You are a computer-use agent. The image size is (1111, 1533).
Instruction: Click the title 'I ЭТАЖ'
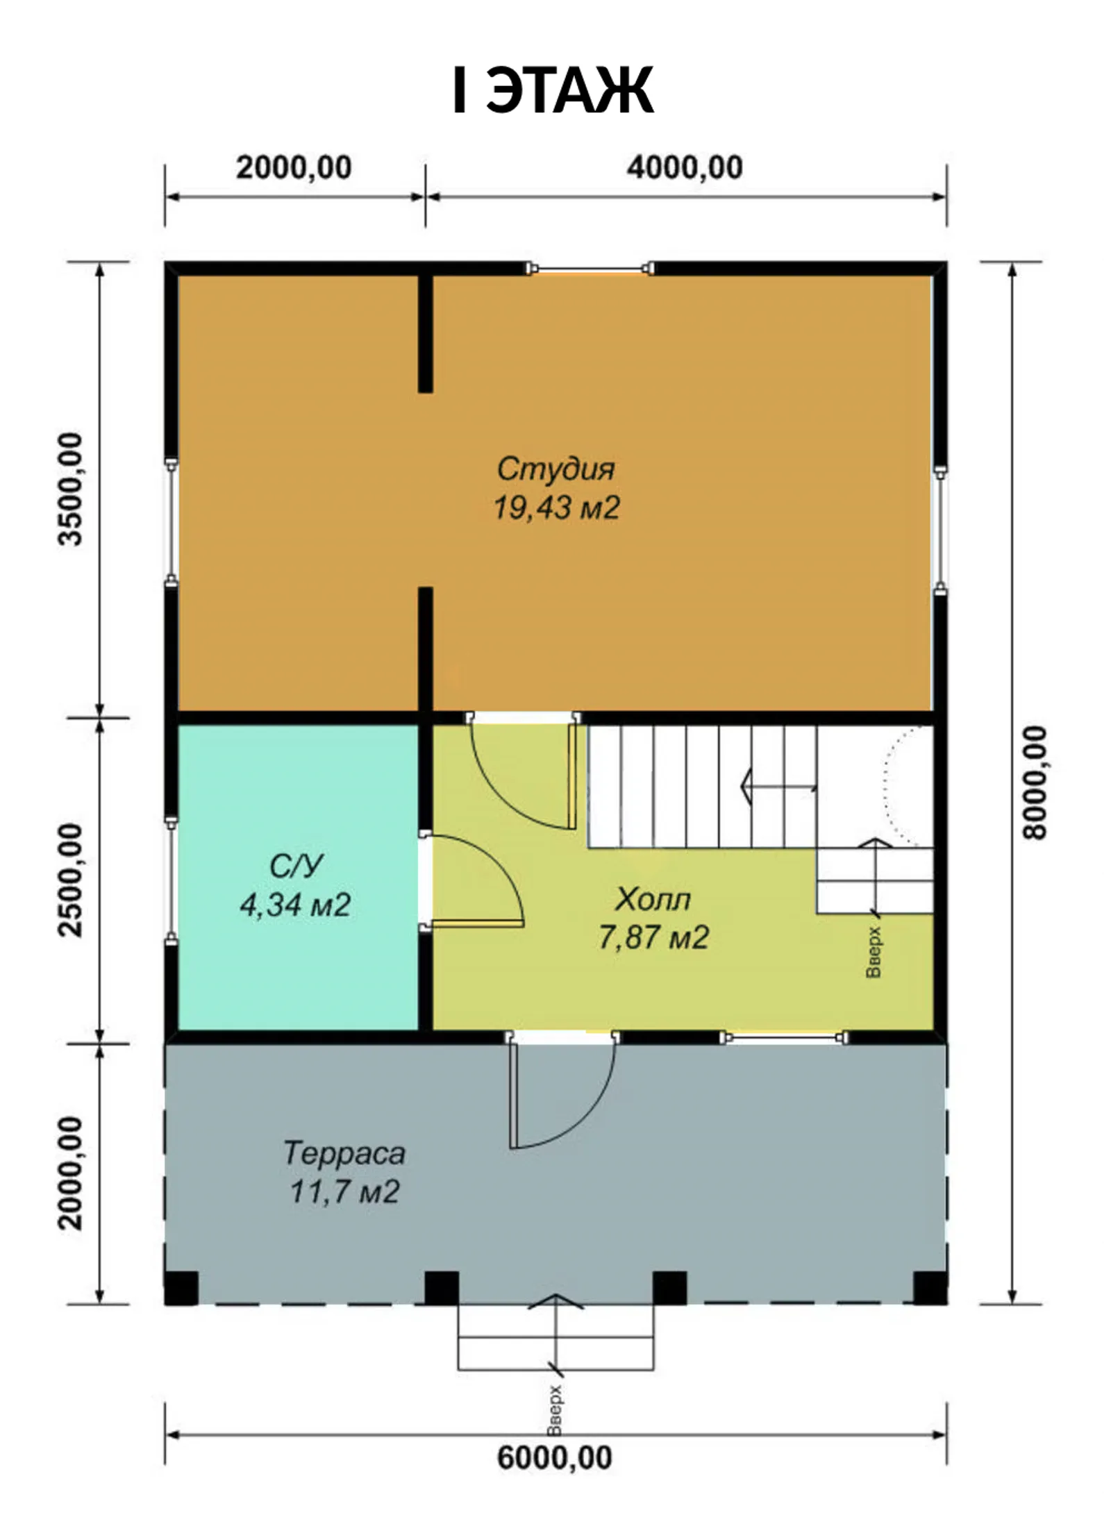point(553,90)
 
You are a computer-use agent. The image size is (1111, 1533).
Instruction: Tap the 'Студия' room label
point(555,469)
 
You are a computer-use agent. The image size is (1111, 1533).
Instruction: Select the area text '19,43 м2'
point(556,508)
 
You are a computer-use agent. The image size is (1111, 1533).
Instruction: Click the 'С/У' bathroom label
point(296,866)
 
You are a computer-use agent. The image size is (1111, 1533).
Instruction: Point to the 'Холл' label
point(653,899)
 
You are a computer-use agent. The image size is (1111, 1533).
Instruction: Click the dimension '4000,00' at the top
point(685,168)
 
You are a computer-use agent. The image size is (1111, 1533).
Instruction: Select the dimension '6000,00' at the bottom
point(555,1457)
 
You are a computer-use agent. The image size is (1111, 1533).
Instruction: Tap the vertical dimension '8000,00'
point(1034,782)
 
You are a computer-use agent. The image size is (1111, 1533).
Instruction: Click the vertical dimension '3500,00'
point(70,489)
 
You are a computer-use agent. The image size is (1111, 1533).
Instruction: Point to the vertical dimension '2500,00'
point(70,880)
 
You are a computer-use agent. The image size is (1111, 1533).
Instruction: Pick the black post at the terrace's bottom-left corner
point(182,1289)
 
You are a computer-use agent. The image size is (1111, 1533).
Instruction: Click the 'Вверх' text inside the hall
point(874,951)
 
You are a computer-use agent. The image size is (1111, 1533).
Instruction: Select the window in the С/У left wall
point(172,880)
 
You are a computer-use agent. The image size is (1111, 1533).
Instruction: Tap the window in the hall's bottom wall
point(784,1038)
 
